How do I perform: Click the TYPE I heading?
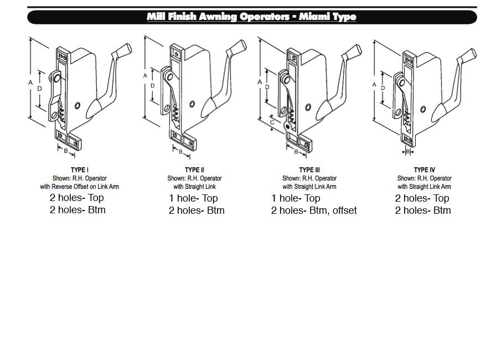(x=79, y=169)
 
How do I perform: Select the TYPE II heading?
(x=194, y=169)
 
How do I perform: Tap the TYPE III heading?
(x=309, y=169)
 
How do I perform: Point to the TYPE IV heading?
(x=424, y=169)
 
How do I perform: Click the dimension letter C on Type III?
(x=272, y=122)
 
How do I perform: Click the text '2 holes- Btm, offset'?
(x=314, y=210)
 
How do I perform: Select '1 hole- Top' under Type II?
(x=193, y=198)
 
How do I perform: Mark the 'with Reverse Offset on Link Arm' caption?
(x=79, y=187)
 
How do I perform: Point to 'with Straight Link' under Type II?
(x=194, y=187)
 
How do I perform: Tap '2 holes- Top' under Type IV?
(x=422, y=198)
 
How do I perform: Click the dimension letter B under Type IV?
(x=409, y=151)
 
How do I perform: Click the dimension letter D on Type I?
(x=39, y=88)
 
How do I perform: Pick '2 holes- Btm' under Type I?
(x=77, y=210)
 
